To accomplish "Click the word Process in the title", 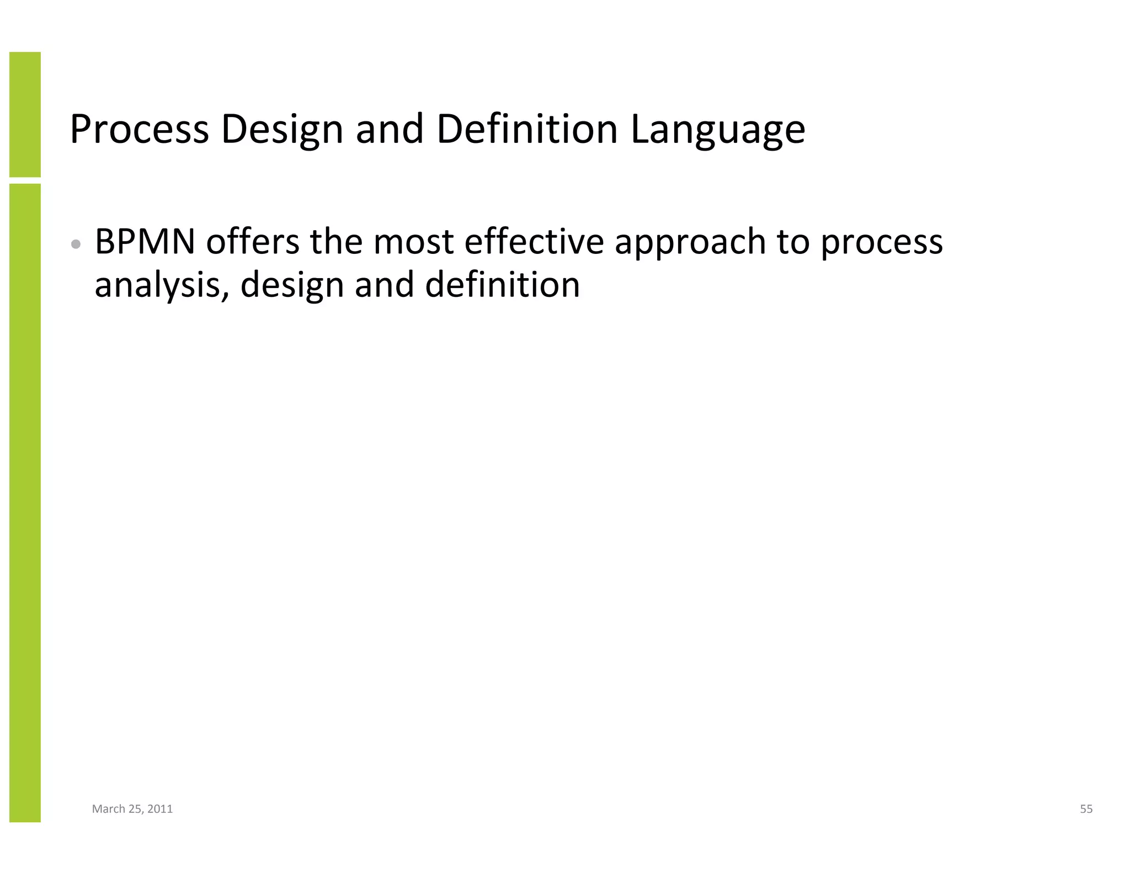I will tap(139, 129).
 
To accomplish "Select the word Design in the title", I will tap(282, 130).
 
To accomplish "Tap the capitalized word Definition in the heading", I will tap(526, 129).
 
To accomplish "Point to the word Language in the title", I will tap(717, 130).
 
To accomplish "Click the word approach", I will tap(690, 243).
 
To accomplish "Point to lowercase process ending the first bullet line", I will tap(882, 243).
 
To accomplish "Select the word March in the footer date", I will tap(108, 809).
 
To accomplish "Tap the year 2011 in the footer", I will tap(160, 809).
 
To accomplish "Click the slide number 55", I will tap(1086, 809).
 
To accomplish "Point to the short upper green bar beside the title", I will tap(25, 114).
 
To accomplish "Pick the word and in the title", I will tap(390, 129).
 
